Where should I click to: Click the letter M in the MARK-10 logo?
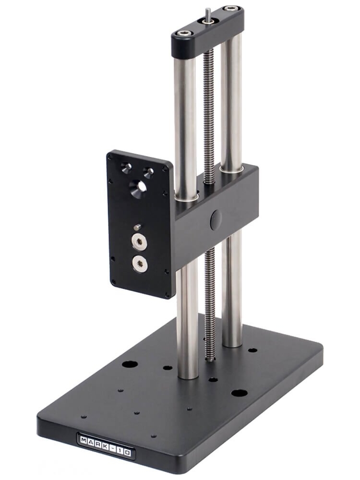84,439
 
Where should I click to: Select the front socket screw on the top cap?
184,33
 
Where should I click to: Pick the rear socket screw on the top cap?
232,8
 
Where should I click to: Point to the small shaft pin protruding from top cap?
207,13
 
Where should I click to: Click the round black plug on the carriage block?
216,219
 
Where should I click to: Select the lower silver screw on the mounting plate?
140,263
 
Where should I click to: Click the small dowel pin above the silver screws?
137,227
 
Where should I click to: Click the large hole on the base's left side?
130,364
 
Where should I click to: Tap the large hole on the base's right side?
239,393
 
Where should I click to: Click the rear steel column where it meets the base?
232,343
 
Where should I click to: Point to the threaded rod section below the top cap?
209,96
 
